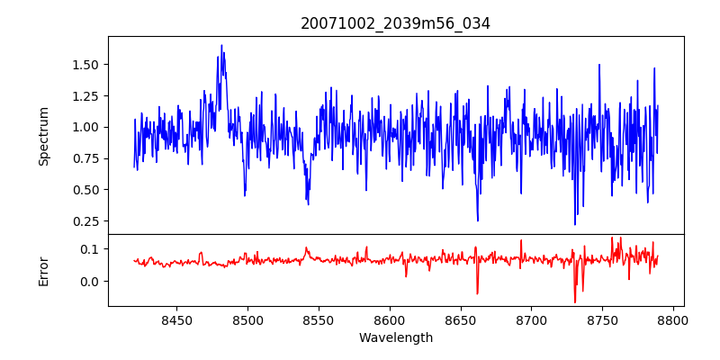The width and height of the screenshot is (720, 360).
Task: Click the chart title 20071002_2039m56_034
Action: coord(395,23)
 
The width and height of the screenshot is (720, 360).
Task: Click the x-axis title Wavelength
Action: coord(395,338)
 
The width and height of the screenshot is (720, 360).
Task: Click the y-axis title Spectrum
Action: coord(43,135)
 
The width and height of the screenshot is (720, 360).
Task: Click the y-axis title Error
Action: coord(43,271)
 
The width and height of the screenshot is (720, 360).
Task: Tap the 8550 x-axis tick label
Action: coord(319,319)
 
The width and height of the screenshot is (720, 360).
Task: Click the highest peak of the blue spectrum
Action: coord(221,46)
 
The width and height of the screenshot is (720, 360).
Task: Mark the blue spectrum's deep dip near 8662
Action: coord(478,220)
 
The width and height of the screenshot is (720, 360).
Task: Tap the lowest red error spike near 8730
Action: coord(574,302)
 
